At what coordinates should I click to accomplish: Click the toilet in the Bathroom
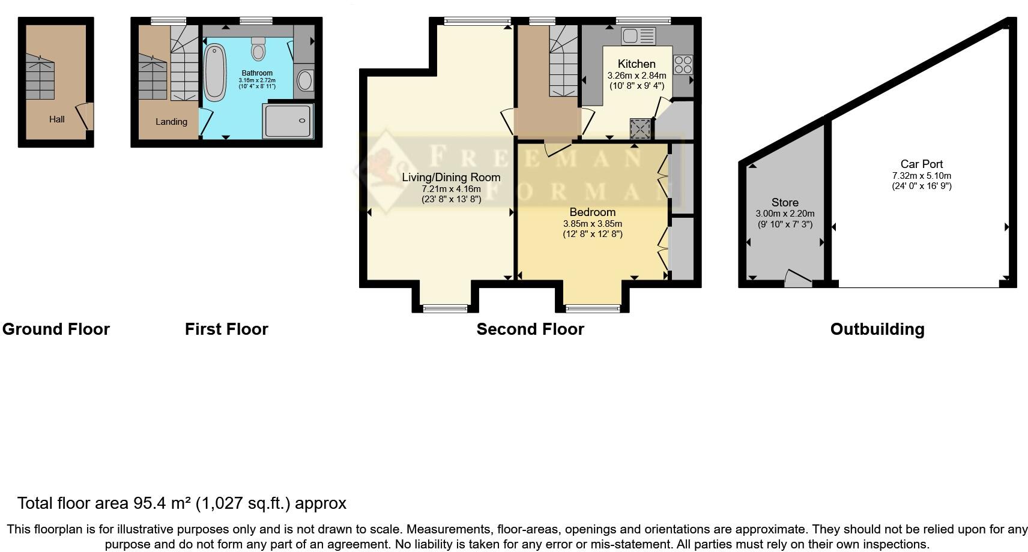258,49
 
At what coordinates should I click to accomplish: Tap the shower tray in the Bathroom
288,121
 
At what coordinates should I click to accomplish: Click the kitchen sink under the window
638,36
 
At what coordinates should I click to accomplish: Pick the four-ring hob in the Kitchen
683,64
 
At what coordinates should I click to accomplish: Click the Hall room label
57,119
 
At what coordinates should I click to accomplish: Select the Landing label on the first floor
171,122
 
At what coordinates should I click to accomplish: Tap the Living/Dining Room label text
451,178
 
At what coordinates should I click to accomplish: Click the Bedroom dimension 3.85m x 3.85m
592,224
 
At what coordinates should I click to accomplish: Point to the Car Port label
921,164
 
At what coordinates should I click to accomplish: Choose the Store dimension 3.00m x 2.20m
785,214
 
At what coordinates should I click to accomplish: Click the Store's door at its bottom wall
798,279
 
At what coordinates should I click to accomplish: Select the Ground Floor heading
56,329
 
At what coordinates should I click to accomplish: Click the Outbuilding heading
877,329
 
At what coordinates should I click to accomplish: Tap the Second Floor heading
530,329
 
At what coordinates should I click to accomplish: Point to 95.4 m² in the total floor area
162,503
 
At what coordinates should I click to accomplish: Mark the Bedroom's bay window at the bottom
592,308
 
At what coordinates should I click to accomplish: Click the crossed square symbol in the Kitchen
639,128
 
